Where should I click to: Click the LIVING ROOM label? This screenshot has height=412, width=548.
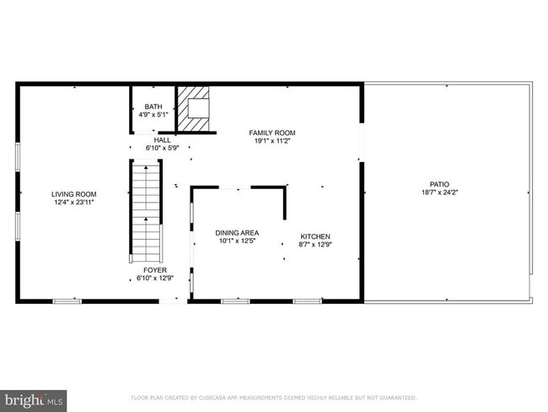(x=74, y=194)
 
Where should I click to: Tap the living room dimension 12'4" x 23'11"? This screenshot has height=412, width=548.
(x=74, y=203)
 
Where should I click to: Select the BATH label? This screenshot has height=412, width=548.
(x=153, y=107)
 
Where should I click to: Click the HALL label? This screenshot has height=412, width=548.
(x=162, y=140)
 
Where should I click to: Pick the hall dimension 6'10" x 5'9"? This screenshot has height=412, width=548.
(x=162, y=149)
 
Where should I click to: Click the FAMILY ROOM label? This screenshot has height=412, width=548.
(x=271, y=133)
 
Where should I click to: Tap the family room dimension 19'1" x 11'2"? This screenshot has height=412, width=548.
(x=271, y=142)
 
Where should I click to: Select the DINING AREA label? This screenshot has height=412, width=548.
(x=237, y=233)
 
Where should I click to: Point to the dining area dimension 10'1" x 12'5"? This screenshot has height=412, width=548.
(x=237, y=241)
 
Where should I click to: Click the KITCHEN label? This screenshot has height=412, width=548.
(x=316, y=236)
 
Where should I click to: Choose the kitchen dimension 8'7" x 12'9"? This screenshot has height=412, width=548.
(x=316, y=245)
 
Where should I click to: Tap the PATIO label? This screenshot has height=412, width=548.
(x=439, y=184)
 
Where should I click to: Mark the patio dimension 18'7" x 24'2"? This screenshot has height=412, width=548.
(x=439, y=192)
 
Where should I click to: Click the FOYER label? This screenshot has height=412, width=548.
(x=155, y=270)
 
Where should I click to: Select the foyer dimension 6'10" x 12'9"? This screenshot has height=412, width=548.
(x=155, y=279)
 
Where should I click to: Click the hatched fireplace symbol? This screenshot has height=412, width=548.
(x=196, y=108)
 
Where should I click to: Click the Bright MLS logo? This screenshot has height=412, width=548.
(x=34, y=398)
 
